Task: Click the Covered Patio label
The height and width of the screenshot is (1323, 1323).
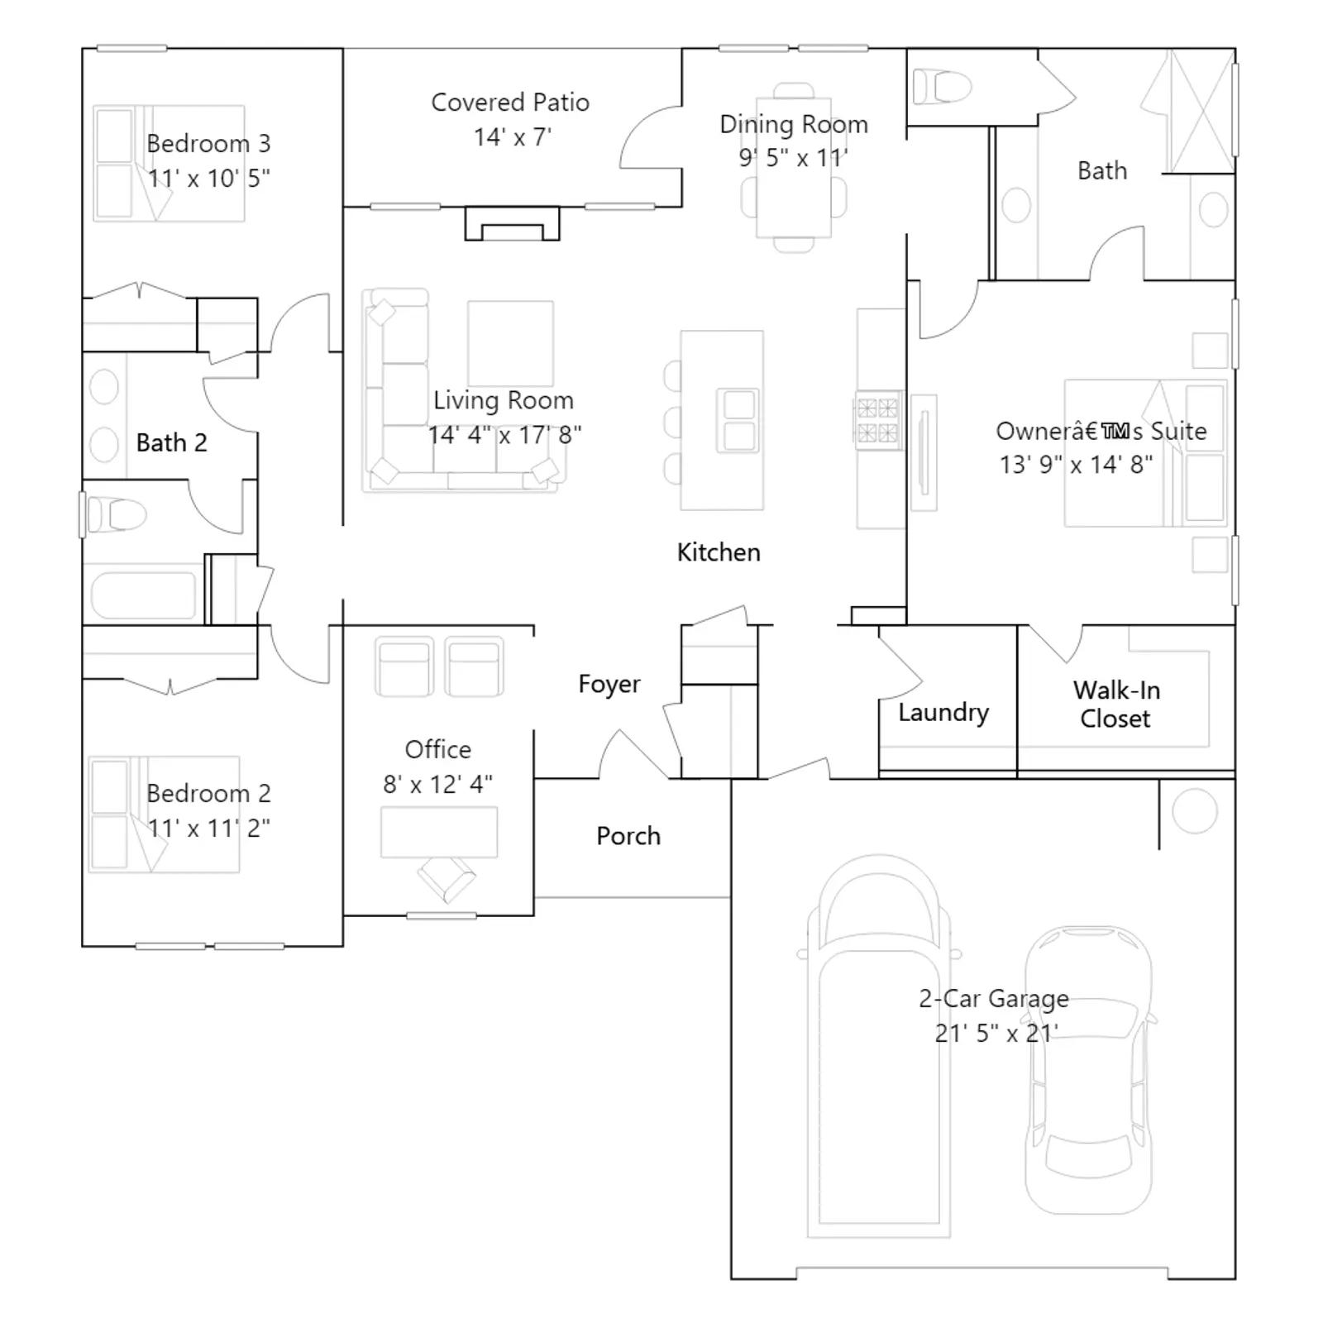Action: point(510,103)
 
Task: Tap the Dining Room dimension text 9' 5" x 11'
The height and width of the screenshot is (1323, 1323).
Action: point(793,158)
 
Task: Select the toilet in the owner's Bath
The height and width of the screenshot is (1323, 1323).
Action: point(942,86)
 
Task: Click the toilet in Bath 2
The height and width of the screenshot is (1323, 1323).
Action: point(117,515)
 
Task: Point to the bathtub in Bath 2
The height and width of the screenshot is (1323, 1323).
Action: point(143,595)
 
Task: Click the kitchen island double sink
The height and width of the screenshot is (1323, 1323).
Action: point(738,421)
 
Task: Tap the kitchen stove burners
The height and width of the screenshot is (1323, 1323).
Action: point(877,421)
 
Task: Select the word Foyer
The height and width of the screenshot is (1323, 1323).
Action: point(609,684)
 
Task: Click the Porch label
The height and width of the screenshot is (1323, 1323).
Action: point(628,836)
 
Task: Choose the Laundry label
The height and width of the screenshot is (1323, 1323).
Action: point(943,713)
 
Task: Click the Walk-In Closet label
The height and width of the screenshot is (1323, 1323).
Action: point(1116,704)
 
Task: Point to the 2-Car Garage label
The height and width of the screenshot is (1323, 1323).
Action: point(994,999)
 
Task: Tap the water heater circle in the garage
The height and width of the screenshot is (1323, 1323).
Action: point(1194,810)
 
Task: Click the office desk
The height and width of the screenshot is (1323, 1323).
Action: point(439,832)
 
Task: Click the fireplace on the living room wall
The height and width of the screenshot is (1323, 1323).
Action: point(512,224)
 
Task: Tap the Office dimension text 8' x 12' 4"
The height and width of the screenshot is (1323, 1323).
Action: point(437,784)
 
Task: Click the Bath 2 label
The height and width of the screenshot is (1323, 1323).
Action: point(171,442)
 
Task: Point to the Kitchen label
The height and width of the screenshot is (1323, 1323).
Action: point(719,552)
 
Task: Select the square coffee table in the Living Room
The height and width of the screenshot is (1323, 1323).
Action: point(510,343)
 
